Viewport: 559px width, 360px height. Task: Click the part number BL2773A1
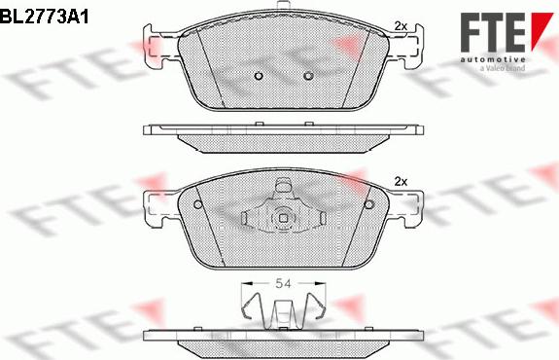pyautogui.click(x=44, y=17)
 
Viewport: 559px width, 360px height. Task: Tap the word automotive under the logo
pyautogui.click(x=492, y=59)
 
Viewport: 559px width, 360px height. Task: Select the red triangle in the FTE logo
pyautogui.click(x=542, y=30)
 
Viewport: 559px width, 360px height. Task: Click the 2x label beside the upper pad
pyautogui.click(x=401, y=26)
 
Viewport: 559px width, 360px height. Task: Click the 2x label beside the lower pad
pyautogui.click(x=401, y=182)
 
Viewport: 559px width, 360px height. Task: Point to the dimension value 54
pyautogui.click(x=284, y=284)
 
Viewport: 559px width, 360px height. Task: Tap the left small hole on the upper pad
pyautogui.click(x=259, y=76)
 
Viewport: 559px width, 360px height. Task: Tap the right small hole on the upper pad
pyautogui.click(x=308, y=76)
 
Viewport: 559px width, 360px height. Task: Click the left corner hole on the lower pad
pyautogui.click(x=198, y=204)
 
